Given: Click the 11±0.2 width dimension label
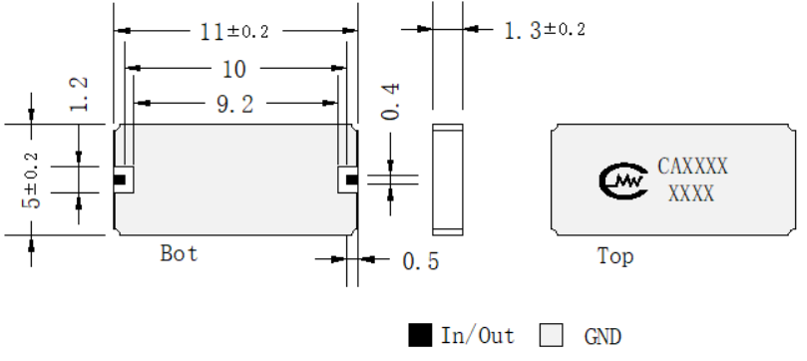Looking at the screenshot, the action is (234, 32).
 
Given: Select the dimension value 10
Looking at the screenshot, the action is (234, 69).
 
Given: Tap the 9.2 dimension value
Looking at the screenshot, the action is (235, 105).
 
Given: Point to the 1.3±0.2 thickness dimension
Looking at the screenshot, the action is (545, 30).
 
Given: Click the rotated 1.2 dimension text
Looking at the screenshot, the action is (79, 94).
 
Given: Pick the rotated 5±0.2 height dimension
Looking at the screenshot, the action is (30, 180).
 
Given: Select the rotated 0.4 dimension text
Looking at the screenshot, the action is (390, 102).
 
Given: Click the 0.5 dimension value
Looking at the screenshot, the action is (421, 261).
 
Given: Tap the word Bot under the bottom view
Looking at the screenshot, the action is (180, 253).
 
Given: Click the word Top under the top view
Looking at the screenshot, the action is (615, 256).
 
